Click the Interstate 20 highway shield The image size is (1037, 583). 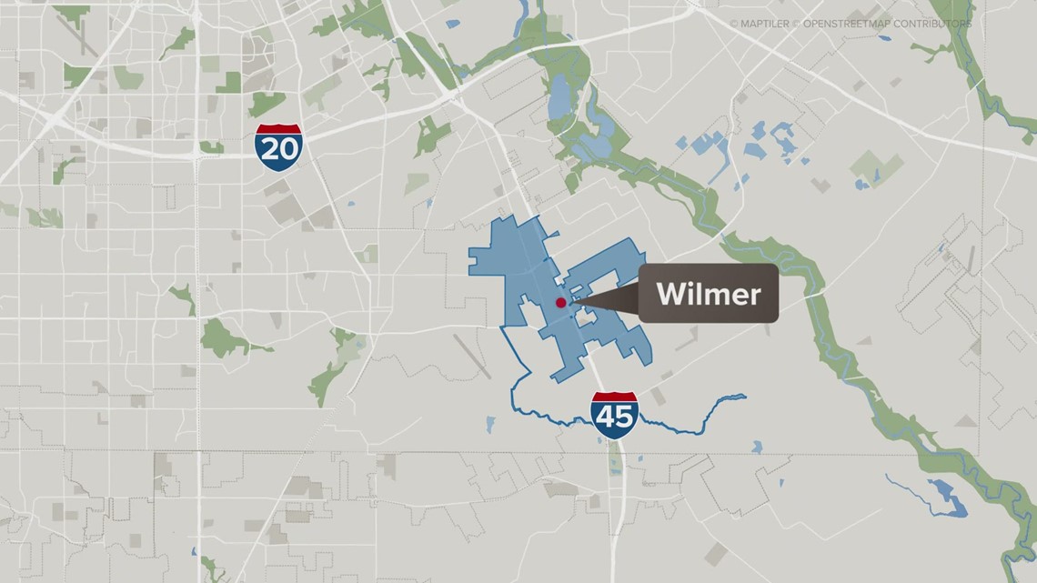pyautogui.click(x=277, y=146)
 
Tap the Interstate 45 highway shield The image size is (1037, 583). pyautogui.click(x=614, y=416)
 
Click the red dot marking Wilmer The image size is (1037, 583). pyautogui.click(x=560, y=303)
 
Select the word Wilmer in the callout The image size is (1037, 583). pyautogui.click(x=708, y=294)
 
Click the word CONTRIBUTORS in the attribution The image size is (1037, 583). pyautogui.click(x=938, y=24)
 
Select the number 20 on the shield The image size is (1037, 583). pyautogui.click(x=277, y=150)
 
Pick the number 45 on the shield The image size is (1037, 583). pyautogui.click(x=614, y=419)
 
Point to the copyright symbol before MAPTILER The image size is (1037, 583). pyautogui.click(x=734, y=24)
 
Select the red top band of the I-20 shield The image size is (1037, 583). pyautogui.click(x=277, y=129)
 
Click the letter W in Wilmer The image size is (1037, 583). pyautogui.click(x=670, y=294)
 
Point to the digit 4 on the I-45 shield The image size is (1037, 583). pyautogui.click(x=605, y=419)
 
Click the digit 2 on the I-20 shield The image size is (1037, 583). pyautogui.click(x=268, y=150)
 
